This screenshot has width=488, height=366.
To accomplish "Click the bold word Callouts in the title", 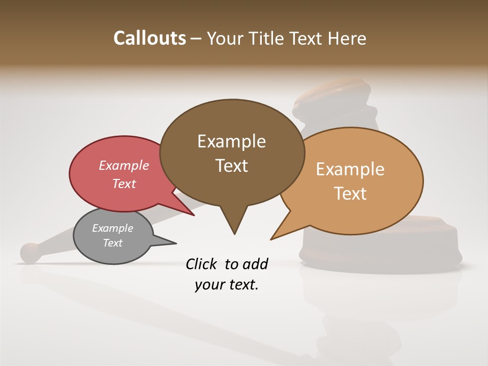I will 150,38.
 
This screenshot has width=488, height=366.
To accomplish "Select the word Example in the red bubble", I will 124,165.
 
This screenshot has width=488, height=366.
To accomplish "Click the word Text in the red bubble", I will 124,184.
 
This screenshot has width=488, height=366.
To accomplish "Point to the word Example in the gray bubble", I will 112,228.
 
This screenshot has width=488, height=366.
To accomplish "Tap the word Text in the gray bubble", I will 112,243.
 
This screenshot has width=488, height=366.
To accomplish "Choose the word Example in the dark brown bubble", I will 231,141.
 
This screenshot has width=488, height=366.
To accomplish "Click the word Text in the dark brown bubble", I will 231,166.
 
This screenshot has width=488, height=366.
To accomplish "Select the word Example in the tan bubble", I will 350,169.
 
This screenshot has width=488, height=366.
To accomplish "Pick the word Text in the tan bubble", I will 350,194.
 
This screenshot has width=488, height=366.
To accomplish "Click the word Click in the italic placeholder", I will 202,264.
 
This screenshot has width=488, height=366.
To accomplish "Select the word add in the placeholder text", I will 255,264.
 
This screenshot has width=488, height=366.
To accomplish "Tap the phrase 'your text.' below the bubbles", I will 226,285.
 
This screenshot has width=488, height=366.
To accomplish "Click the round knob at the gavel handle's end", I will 30,252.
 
